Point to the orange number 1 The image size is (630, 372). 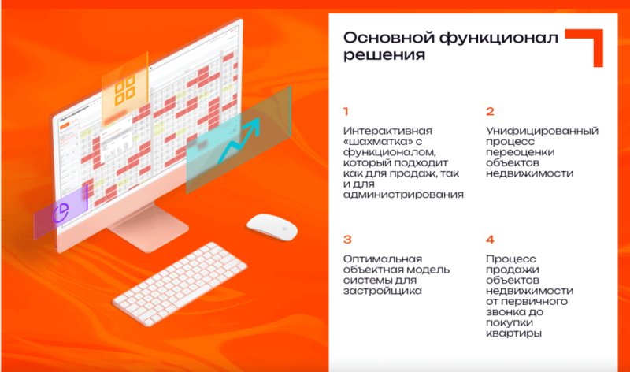(346, 111)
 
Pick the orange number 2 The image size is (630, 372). (489, 111)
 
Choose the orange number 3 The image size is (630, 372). (347, 240)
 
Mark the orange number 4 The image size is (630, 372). (490, 240)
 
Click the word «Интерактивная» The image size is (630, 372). (383, 130)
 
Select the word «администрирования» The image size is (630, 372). (402, 195)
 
